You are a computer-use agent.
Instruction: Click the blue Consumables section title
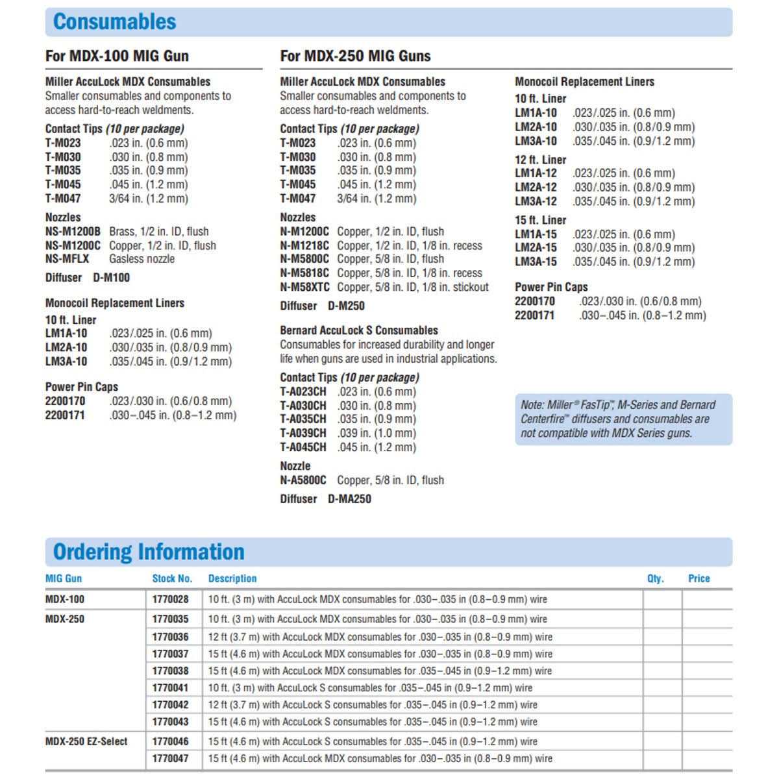coord(114,21)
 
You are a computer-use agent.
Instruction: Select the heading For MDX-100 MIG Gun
coord(117,56)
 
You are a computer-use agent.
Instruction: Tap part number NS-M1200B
coord(73,231)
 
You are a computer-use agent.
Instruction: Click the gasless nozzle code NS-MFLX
coord(67,258)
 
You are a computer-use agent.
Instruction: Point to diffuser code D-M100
coord(111,277)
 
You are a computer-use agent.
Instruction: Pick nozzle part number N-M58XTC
coord(304,287)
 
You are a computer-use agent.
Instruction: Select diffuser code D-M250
coord(346,306)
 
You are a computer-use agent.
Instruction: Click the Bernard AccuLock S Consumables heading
coord(359,330)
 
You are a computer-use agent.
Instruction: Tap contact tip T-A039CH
coord(303,433)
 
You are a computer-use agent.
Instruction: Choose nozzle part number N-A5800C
coord(303,480)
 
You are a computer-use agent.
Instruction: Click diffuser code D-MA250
coord(349,499)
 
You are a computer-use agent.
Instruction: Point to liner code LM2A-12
coord(536,187)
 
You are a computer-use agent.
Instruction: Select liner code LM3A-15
coord(536,262)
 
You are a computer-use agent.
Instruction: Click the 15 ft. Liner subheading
coord(540,220)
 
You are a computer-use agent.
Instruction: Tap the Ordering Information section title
coord(149,552)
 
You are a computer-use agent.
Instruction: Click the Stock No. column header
coord(172,578)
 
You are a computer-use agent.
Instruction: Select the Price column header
coord(699,578)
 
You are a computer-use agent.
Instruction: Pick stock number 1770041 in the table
coord(171,687)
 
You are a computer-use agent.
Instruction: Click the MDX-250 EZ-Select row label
coord(86,741)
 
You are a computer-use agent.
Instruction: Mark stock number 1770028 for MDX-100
coord(171,599)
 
